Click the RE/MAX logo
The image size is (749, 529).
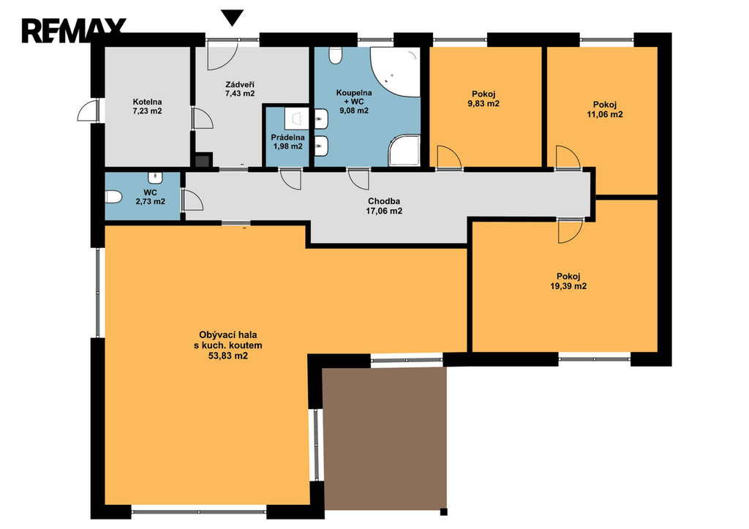coord(74,31)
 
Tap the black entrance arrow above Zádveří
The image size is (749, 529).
coord(233,18)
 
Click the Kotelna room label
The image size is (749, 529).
coord(147,102)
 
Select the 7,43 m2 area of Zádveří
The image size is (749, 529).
coord(240,94)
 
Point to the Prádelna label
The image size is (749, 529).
coord(287,138)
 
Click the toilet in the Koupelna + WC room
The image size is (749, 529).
coord(336,55)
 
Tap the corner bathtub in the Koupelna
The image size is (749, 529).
coord(396,72)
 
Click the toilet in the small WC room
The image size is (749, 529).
coord(113,197)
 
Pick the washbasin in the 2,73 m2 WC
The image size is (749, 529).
coord(155,178)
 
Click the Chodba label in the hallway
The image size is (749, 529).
coord(383,201)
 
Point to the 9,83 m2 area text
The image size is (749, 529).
coord(483,104)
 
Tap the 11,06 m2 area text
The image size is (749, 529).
coord(605,115)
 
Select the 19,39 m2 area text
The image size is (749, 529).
coord(568,286)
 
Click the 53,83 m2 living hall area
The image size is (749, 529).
coord(228,356)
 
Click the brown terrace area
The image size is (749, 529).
coord(385,438)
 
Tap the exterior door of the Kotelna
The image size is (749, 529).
coord(88,110)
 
